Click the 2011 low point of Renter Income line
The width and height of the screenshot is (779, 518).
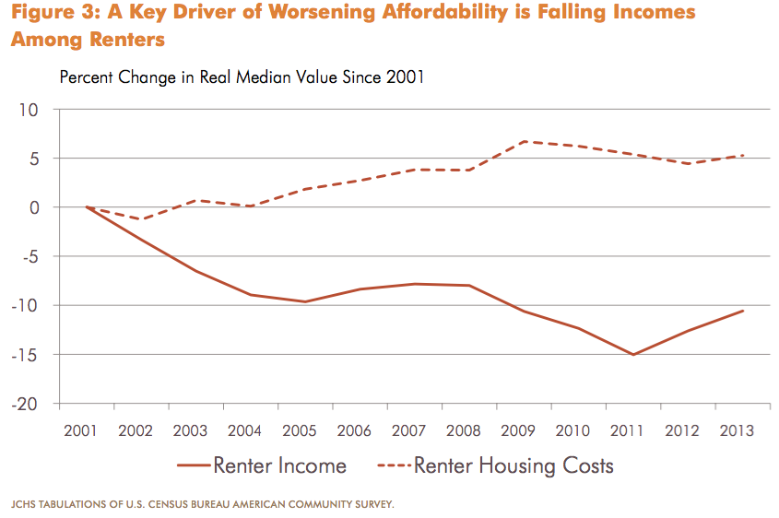coord(633,354)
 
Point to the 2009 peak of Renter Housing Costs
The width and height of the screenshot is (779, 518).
coord(524,141)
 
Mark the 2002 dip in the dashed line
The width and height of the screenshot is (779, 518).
coord(141,219)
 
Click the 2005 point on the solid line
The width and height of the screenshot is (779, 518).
coord(305,301)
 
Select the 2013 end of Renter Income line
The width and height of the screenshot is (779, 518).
coord(743,311)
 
